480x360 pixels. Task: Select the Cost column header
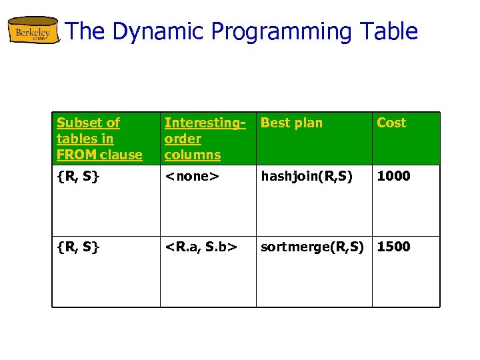[x=391, y=123]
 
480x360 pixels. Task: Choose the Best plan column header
[x=291, y=123]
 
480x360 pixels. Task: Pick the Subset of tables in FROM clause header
[x=99, y=139]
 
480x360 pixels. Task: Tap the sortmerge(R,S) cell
[x=312, y=247]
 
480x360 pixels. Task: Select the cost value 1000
[x=394, y=176]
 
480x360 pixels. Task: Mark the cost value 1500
[x=394, y=247]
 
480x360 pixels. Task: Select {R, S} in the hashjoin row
[x=78, y=176]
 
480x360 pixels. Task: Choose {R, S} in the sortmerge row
[x=78, y=247]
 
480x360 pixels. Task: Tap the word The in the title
[x=84, y=31]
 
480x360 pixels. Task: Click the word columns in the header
[x=192, y=155]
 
